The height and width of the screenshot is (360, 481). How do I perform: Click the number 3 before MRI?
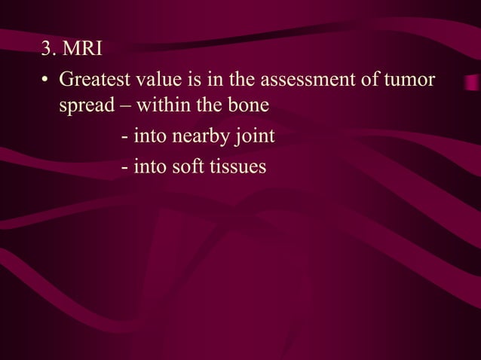click(47, 51)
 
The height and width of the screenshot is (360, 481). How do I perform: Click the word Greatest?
click(95, 79)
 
